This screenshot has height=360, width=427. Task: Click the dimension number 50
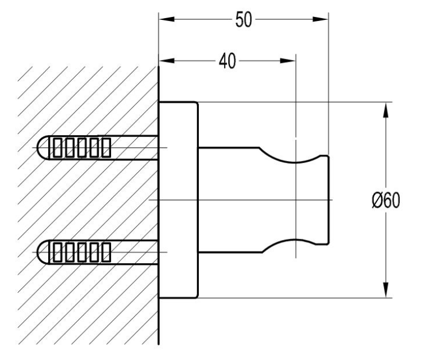point(244,20)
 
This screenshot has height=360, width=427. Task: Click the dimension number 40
point(228,61)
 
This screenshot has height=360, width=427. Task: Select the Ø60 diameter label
point(386,200)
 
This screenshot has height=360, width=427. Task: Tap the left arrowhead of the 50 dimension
point(166,19)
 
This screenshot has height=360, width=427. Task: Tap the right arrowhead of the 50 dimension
point(321,19)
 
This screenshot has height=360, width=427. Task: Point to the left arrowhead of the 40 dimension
point(166,61)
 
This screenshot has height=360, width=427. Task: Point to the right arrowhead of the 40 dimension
point(288,61)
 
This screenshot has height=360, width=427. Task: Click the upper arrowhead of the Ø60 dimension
point(386,110)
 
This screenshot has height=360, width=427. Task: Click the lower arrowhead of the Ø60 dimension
point(386,290)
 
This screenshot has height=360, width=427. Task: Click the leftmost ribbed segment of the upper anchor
point(57,148)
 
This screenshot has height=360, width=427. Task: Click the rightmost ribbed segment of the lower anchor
point(106,252)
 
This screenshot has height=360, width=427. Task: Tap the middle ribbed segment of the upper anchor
point(82,148)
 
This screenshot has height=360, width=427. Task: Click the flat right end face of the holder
point(328,200)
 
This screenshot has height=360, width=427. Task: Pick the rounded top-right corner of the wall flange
point(196,104)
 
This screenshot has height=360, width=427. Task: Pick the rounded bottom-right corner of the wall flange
point(196,296)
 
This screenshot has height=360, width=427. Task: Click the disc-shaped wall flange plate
point(178,200)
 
